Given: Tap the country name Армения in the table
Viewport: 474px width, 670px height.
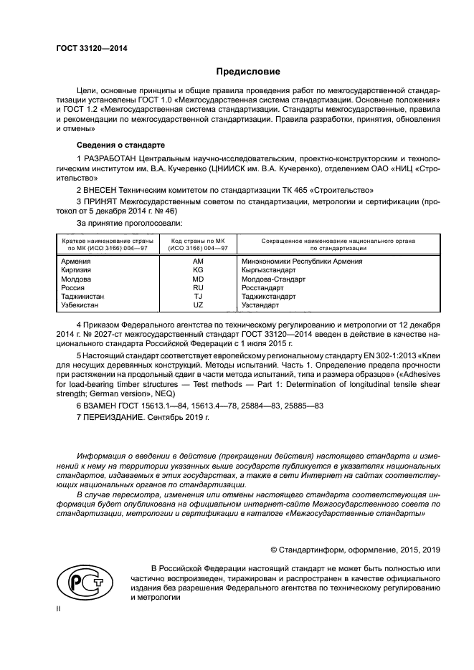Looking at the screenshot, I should click(77, 262).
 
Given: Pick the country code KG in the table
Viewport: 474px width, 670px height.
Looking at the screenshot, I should click(198, 270).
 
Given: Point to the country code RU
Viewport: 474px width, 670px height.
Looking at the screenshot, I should click(198, 287).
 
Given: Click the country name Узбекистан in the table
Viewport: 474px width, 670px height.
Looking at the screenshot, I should click(82, 305).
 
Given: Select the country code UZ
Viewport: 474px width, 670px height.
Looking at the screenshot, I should click(198, 305).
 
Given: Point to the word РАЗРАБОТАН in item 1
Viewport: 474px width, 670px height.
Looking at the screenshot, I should click(110, 156).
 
